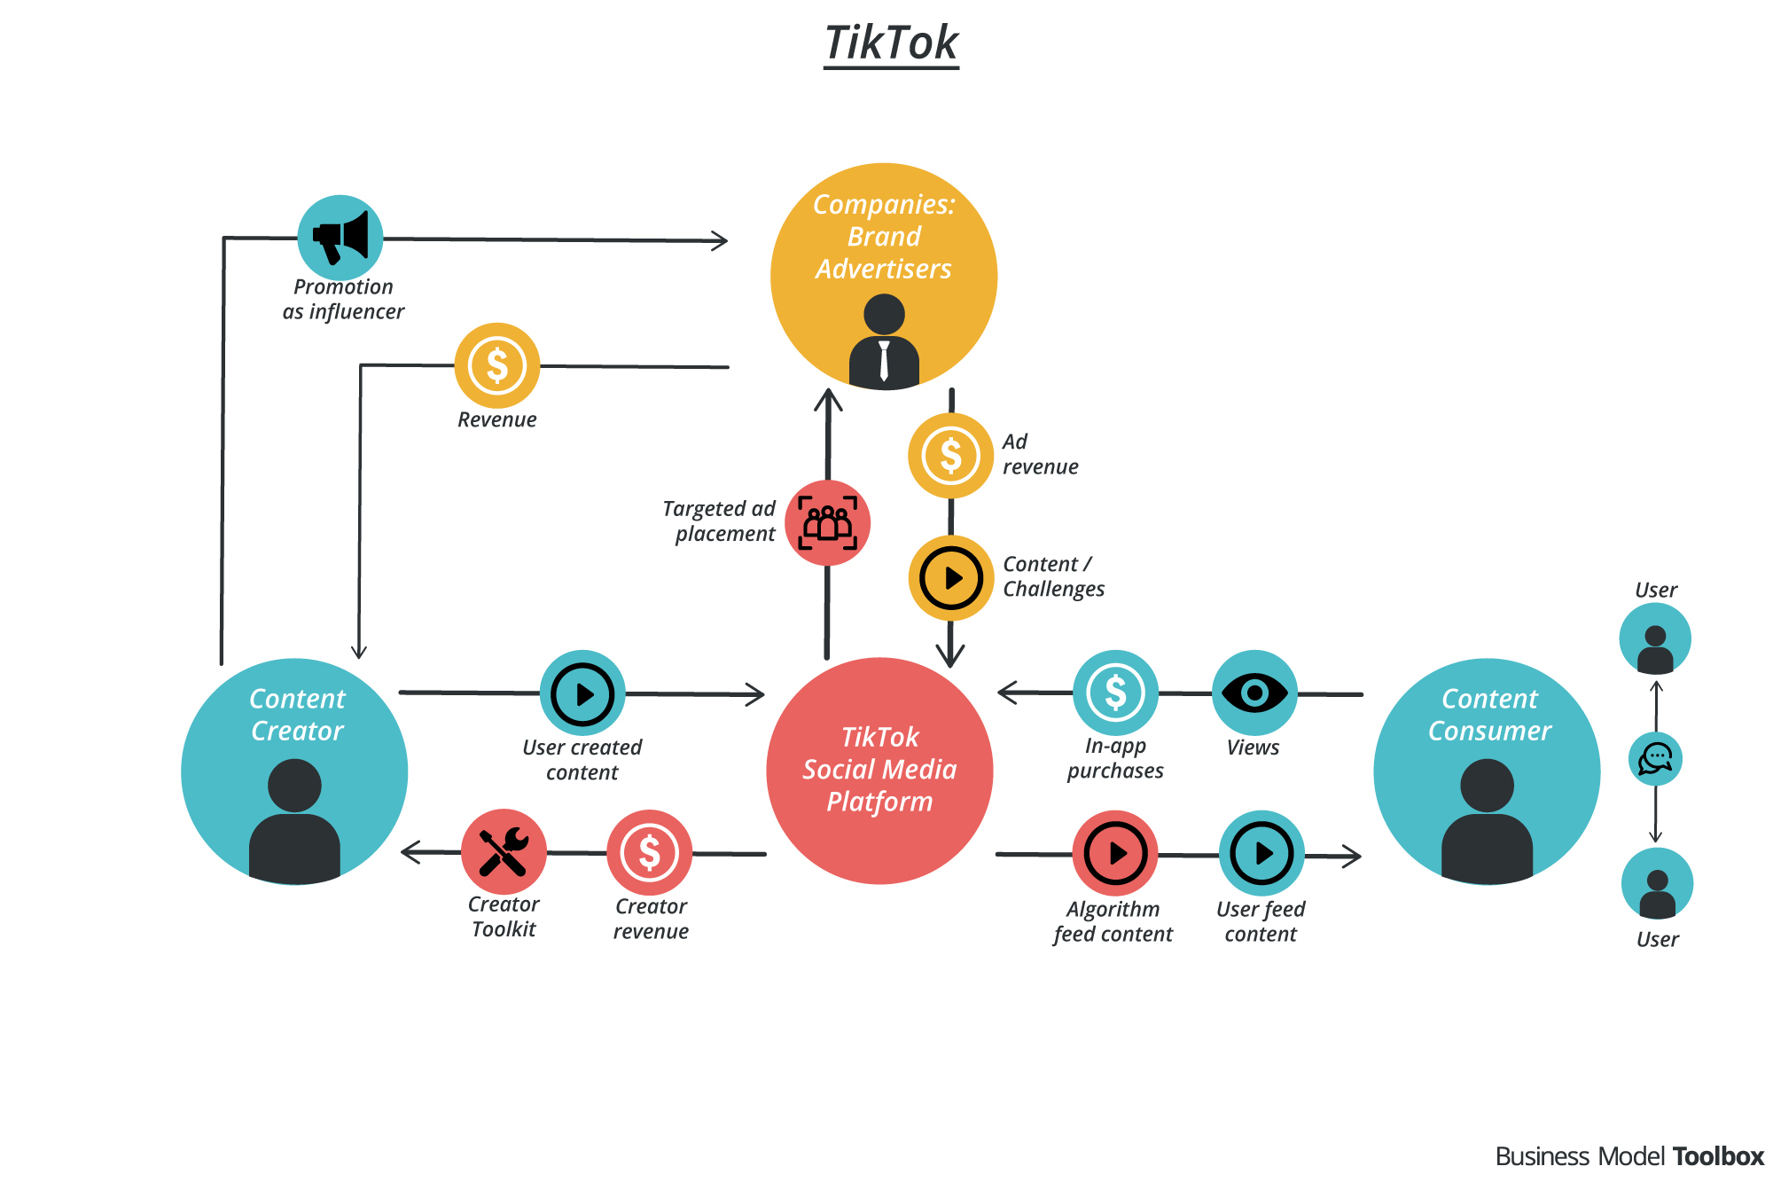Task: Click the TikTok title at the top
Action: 891,43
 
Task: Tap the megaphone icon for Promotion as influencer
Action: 340,238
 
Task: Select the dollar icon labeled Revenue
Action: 497,365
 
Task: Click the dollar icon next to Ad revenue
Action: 950,456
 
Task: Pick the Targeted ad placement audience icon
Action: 827,523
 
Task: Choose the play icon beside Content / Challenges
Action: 951,578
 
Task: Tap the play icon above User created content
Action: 582,693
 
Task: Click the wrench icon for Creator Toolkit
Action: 504,852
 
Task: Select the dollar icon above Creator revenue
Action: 650,853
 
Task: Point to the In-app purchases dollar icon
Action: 1115,693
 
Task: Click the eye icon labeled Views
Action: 1254,693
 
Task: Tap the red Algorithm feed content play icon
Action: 1115,853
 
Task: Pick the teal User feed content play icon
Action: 1261,853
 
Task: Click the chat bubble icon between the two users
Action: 1655,759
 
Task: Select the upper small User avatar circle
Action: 1655,639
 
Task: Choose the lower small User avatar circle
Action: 1657,884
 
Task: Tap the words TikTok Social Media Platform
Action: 879,770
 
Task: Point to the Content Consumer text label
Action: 1489,715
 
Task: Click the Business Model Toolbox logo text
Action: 1629,1156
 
